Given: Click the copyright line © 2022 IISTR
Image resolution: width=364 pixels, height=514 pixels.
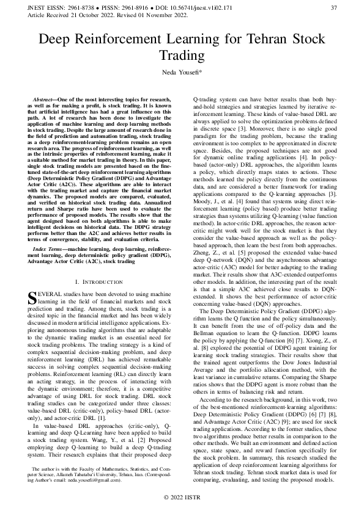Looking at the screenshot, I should (x=182, y=499).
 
